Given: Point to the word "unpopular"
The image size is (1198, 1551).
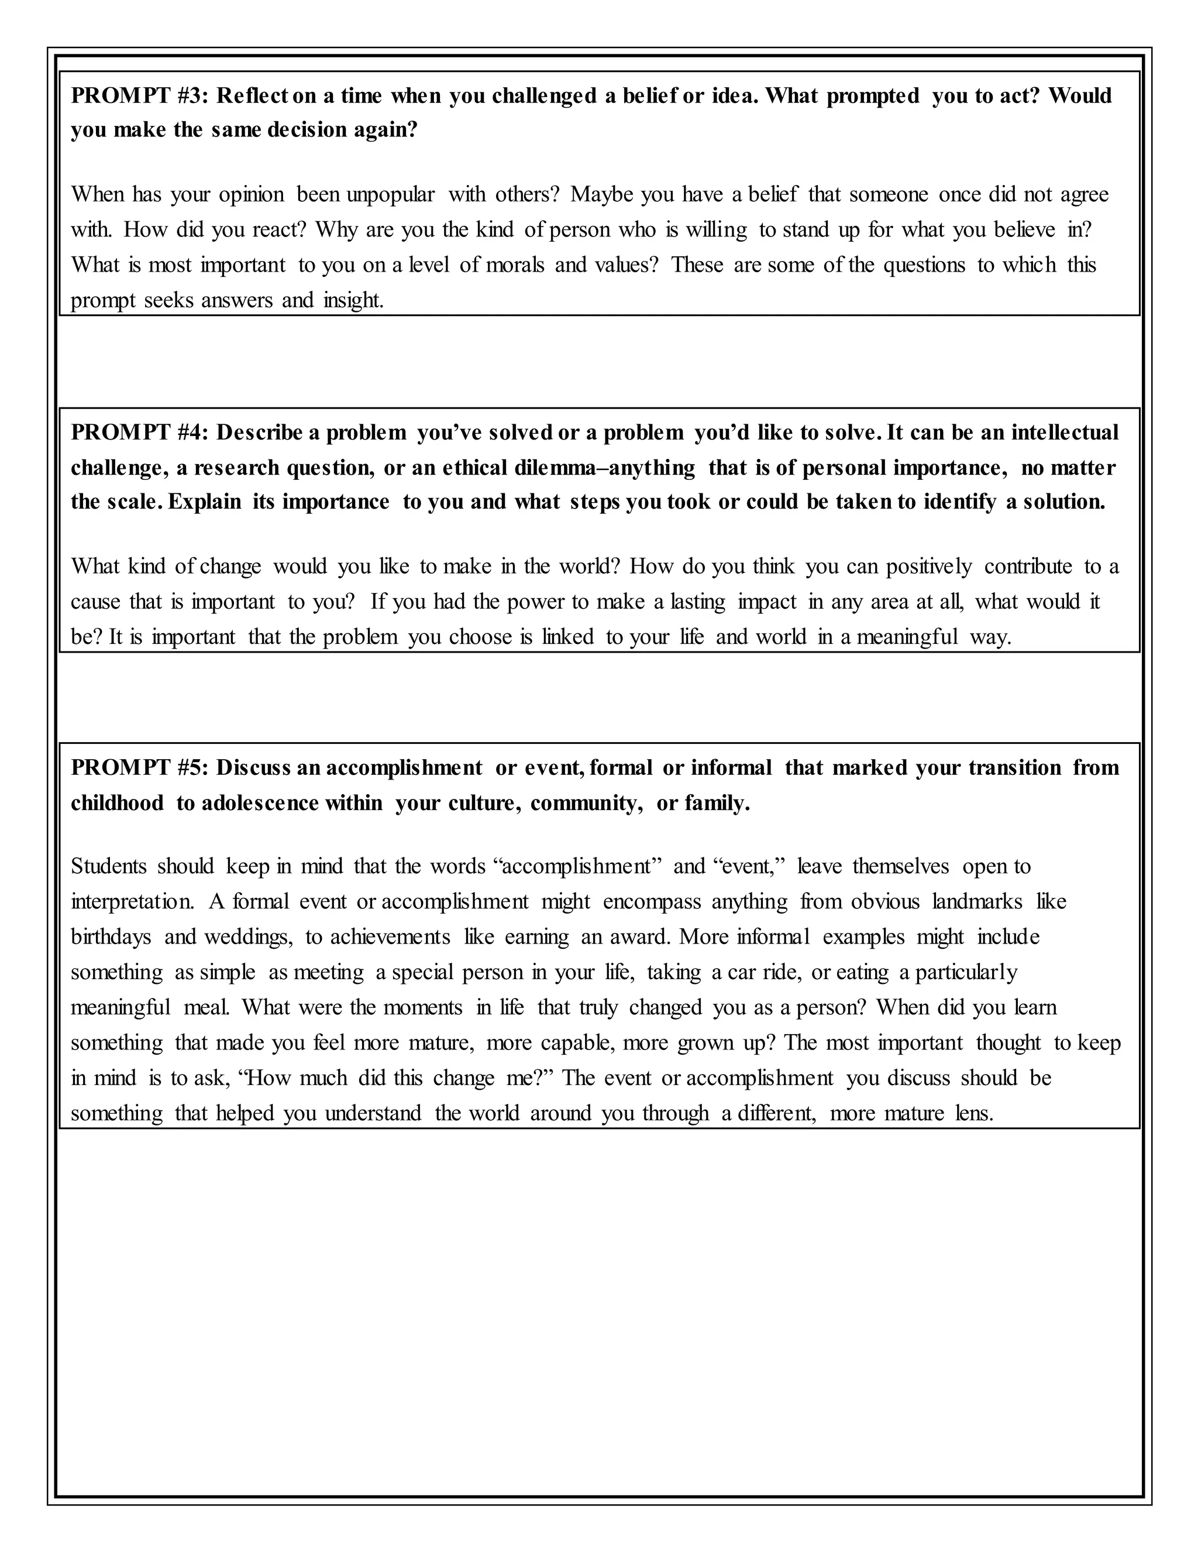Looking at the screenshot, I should (x=390, y=194).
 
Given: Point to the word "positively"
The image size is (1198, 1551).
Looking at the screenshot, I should (x=928, y=567).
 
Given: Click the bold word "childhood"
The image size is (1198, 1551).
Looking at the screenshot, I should (x=117, y=803).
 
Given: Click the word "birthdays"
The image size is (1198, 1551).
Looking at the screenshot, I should (x=111, y=938).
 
